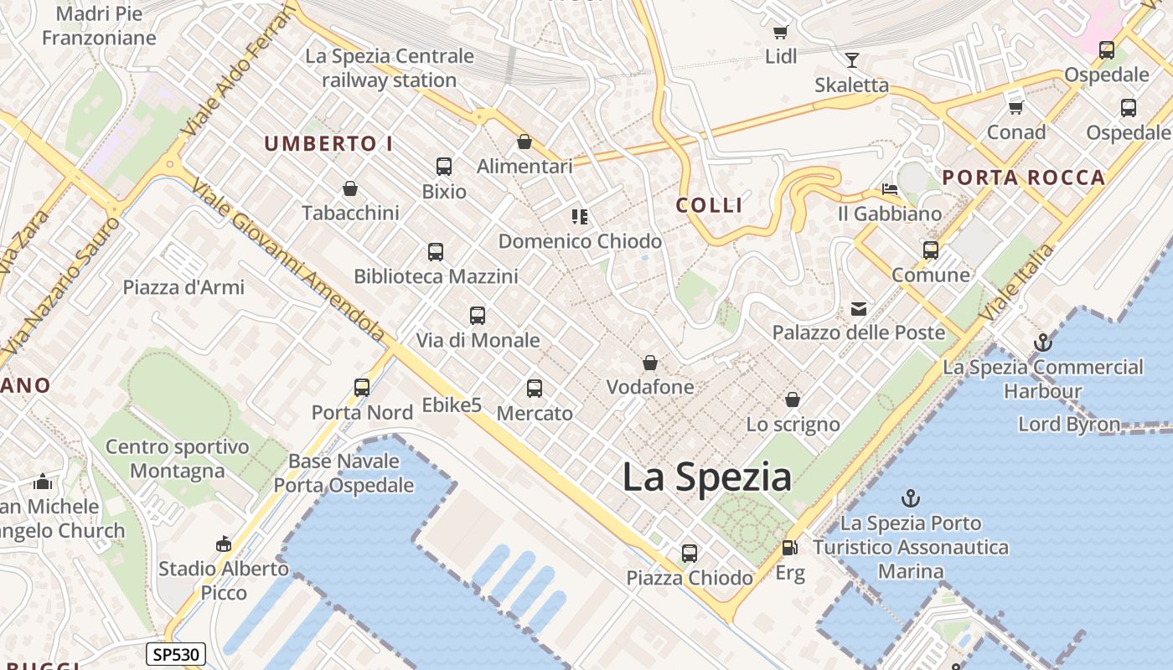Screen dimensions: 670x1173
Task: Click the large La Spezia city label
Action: pos(706,477)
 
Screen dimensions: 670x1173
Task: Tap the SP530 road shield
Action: pos(175,654)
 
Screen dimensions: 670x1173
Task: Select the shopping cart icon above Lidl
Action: pos(780,33)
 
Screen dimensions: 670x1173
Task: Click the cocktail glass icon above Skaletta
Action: pos(852,60)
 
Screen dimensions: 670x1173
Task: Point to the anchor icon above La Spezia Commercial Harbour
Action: pos(1043,343)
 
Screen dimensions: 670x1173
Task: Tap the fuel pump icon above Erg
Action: pos(789,549)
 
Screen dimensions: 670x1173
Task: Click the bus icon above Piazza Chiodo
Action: pos(689,554)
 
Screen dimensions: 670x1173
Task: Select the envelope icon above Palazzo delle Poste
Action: pos(859,309)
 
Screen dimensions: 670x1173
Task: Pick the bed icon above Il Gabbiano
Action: pos(889,189)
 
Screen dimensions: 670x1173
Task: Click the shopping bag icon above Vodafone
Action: pos(649,363)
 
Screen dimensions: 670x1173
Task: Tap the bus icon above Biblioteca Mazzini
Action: pos(435,252)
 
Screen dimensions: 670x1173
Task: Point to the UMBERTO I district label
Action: pos(328,144)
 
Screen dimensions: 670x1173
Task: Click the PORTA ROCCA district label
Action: pos(1023,178)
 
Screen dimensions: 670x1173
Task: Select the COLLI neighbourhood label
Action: pos(709,205)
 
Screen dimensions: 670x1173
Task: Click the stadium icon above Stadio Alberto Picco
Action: pos(223,544)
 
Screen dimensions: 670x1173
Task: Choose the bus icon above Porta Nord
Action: pos(362,388)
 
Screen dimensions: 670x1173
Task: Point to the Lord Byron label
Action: pos(1068,425)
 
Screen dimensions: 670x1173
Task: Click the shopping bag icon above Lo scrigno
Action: pos(792,400)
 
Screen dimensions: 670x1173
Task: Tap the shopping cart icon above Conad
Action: pos(1015,107)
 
